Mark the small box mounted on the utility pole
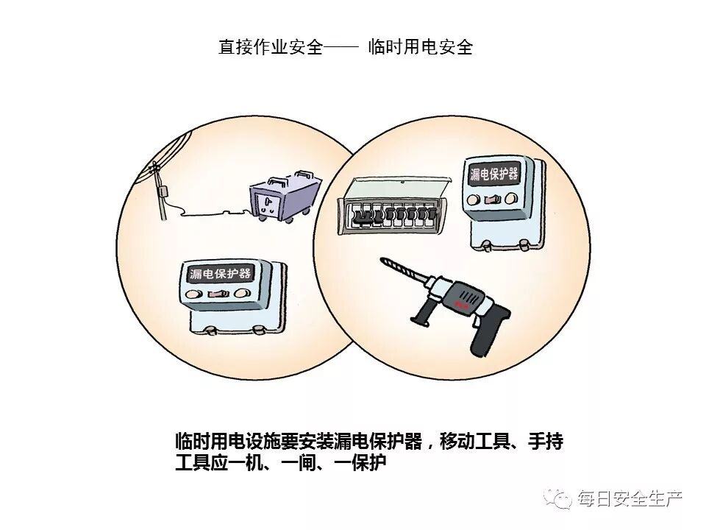pyautogui.click(x=163, y=191)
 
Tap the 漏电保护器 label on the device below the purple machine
pyautogui.click(x=220, y=273)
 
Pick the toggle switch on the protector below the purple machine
pyautogui.click(x=218, y=294)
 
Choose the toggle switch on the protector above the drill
pyautogui.click(x=492, y=199)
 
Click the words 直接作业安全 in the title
pyautogui.click(x=271, y=47)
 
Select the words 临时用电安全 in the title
pyautogui.click(x=421, y=47)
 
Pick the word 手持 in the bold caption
pyautogui.click(x=546, y=441)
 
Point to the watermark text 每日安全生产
pyautogui.click(x=630, y=498)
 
